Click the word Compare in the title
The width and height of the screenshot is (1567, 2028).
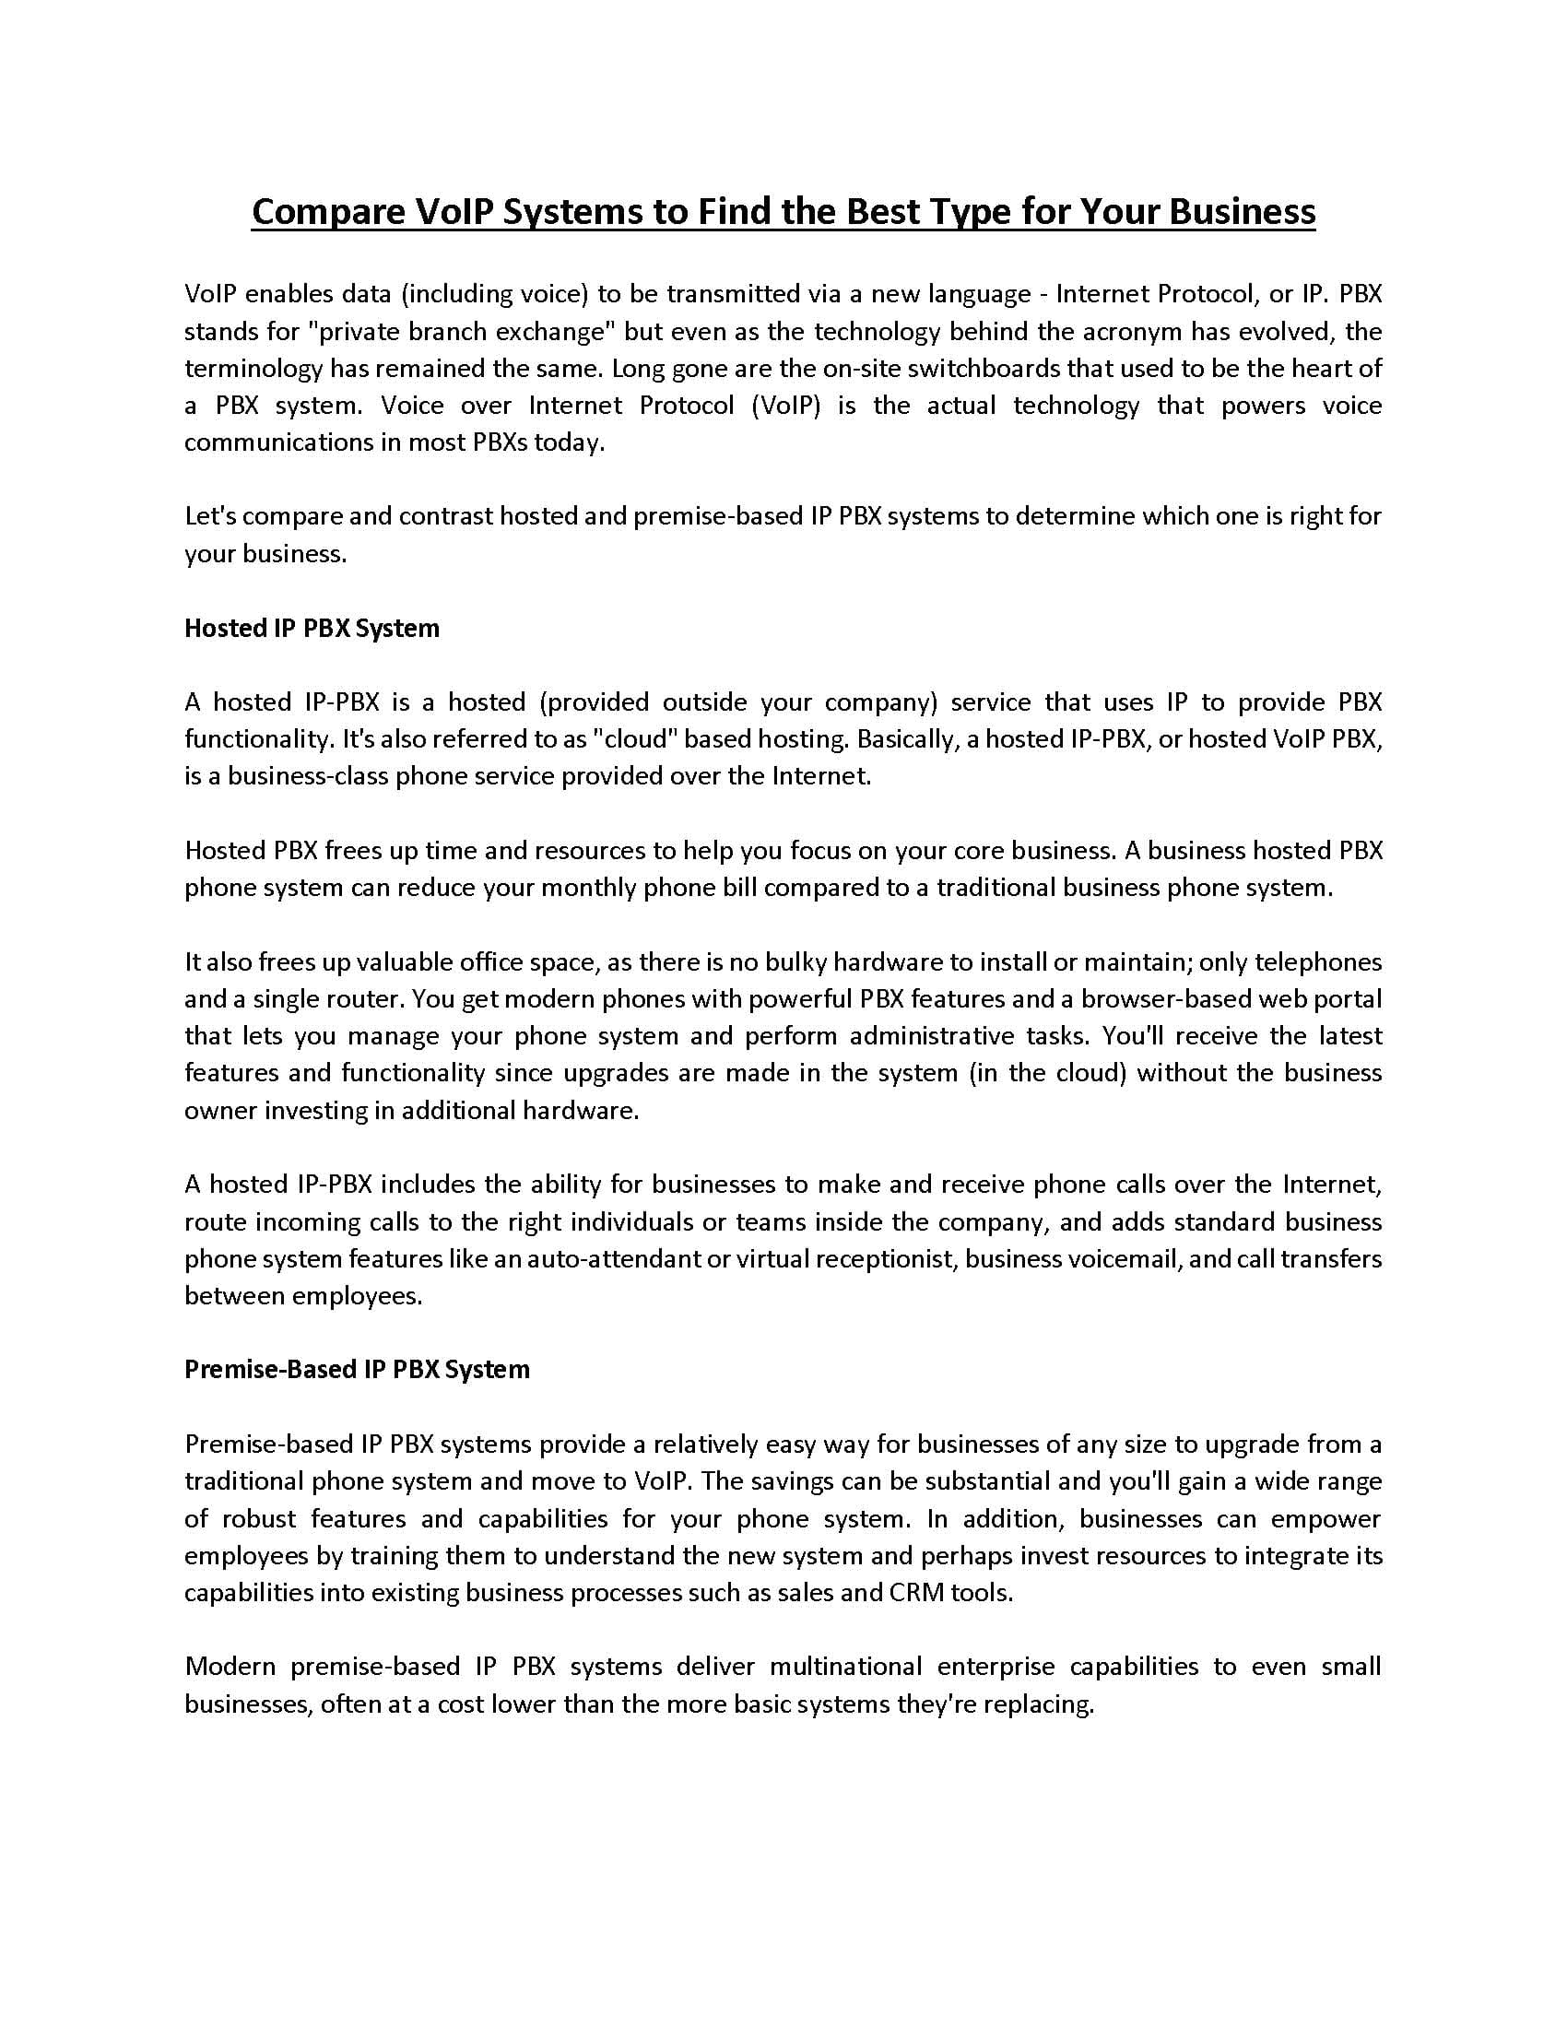point(324,213)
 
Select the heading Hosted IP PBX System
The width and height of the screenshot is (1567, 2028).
point(312,629)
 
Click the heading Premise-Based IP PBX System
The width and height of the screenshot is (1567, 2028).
point(357,1370)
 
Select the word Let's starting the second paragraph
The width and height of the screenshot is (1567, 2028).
point(209,516)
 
